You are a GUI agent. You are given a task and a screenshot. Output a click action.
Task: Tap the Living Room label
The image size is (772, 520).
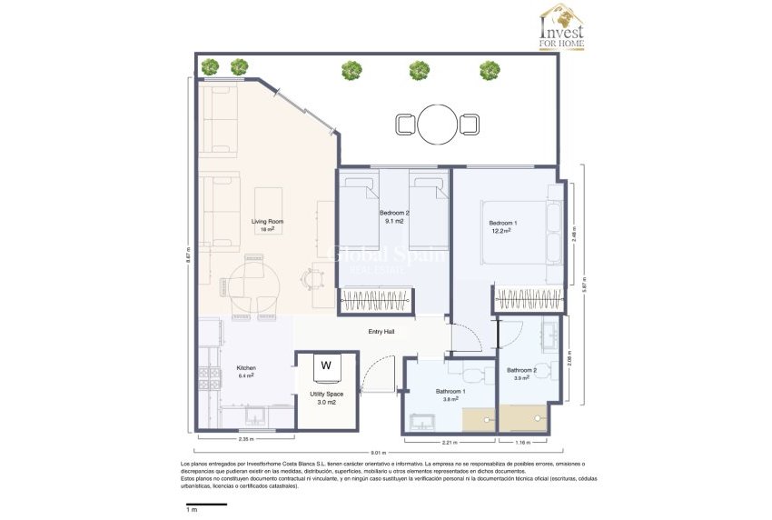click(x=268, y=221)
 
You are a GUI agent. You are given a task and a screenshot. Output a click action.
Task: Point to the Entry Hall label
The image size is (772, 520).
click(x=381, y=332)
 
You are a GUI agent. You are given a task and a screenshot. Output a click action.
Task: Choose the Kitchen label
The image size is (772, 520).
click(x=246, y=368)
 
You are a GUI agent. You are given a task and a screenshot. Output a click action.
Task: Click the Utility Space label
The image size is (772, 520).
click(x=327, y=396)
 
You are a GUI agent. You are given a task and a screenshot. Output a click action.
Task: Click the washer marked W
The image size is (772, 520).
click(x=326, y=367)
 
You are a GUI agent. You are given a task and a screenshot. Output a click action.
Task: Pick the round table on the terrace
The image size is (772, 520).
click(x=438, y=125)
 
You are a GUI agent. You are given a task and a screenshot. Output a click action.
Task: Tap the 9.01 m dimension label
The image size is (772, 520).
click(x=378, y=453)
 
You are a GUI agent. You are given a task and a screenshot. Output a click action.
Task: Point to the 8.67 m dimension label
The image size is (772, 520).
click(x=188, y=255)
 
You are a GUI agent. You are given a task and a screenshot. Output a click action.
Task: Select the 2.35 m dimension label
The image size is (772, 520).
click(x=244, y=440)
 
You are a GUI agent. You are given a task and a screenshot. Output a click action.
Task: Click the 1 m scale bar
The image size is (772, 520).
click(x=206, y=504)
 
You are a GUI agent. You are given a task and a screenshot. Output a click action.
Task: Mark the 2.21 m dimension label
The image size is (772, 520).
click(x=449, y=443)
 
